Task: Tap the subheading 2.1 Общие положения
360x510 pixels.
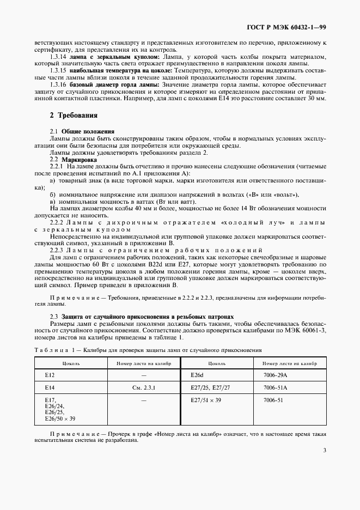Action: click(82, 132)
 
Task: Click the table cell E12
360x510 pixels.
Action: click(50, 375)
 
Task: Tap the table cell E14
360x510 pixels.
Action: click(50, 387)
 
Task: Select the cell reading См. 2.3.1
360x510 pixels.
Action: click(144, 387)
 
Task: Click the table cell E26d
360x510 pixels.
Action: click(197, 375)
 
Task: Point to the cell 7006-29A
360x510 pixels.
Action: click(274, 375)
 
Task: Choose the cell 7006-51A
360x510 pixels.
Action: click(274, 387)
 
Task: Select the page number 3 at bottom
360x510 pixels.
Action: click(324, 450)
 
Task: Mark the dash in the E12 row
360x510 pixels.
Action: click(144, 375)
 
